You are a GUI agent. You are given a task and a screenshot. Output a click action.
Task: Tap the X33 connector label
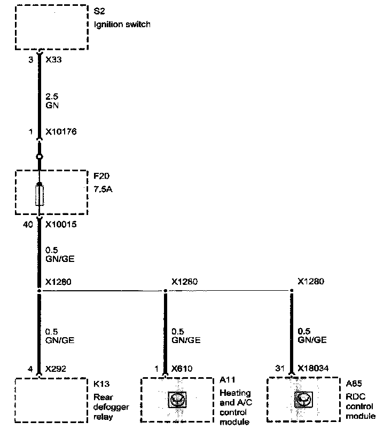click(54, 61)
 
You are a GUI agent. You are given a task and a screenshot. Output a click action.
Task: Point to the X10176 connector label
click(61, 132)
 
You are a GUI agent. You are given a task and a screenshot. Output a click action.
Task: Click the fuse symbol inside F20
click(39, 196)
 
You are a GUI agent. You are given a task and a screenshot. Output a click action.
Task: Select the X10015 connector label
click(61, 225)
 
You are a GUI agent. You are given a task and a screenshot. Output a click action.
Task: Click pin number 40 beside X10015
click(28, 225)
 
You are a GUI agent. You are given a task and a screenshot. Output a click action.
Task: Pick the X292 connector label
click(56, 368)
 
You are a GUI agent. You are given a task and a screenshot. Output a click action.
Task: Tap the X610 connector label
click(183, 368)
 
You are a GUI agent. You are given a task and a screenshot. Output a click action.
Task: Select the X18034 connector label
click(313, 368)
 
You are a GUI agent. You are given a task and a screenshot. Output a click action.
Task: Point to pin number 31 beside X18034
click(279, 368)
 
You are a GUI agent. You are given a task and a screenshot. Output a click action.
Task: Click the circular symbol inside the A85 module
click(303, 399)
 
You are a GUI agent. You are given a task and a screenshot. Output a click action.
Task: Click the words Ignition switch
click(121, 24)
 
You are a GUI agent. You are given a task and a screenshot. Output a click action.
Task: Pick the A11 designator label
click(226, 380)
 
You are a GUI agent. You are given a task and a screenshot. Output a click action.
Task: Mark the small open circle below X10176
click(39, 157)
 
